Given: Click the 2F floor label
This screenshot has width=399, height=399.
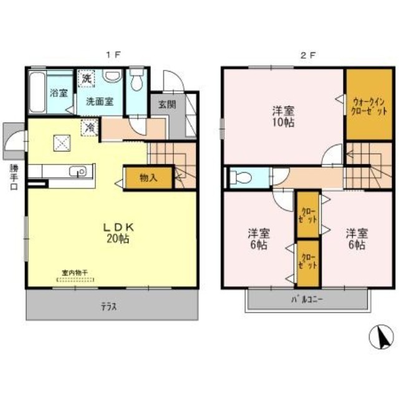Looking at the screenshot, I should [307, 55].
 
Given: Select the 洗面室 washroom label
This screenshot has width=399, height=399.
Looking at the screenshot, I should [99, 101].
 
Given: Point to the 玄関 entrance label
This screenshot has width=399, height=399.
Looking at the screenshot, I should [166, 104].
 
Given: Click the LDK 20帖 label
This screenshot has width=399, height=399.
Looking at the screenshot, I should [116, 233].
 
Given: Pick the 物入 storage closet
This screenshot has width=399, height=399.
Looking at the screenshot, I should [147, 178].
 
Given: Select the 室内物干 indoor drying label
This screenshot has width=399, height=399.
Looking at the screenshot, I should [74, 272].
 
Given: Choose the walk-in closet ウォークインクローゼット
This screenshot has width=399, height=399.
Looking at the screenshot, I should [369, 103].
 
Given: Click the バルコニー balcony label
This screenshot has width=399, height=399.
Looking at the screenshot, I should [307, 300].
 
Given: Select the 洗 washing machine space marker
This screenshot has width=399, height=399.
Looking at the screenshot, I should [87, 80].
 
